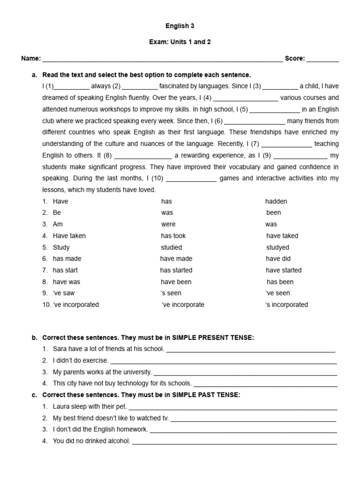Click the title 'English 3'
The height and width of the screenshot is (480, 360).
click(x=180, y=27)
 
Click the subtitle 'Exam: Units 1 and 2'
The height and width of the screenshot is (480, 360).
click(x=180, y=42)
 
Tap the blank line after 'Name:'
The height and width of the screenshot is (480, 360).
click(x=162, y=60)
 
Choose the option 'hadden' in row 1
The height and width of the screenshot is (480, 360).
click(x=276, y=202)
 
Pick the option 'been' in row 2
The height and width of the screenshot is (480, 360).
click(x=274, y=213)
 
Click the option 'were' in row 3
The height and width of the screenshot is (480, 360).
click(x=168, y=225)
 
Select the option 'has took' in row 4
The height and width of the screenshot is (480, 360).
click(x=173, y=236)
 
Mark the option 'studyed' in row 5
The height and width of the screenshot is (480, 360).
click(x=277, y=247)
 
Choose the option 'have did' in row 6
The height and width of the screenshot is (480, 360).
click(x=278, y=259)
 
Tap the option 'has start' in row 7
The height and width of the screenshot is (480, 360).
click(x=65, y=270)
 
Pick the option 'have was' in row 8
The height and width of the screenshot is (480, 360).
click(x=67, y=282)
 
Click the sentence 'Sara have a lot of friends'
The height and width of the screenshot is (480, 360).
click(x=108, y=349)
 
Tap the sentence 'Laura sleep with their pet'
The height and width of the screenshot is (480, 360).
click(x=90, y=407)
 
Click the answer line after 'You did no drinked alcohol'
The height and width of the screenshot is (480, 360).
click(x=234, y=442)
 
